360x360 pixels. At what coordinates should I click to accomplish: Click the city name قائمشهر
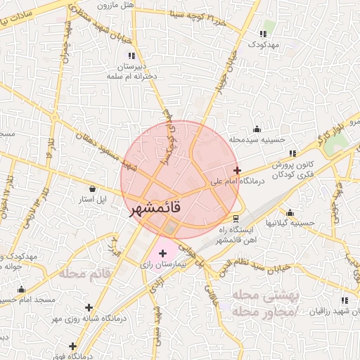click(155, 209)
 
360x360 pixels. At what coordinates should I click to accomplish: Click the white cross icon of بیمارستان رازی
click(163, 252)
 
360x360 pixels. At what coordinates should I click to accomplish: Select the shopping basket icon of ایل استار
click(93, 188)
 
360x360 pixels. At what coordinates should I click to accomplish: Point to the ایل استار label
click(93, 200)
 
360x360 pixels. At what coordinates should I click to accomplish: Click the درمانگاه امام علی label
click(236, 181)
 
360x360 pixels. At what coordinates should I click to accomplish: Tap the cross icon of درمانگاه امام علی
click(237, 170)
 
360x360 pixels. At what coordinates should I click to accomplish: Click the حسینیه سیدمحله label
click(258, 139)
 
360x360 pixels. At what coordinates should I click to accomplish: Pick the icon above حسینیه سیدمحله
click(257, 129)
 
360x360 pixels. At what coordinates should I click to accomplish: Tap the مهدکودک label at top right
click(264, 44)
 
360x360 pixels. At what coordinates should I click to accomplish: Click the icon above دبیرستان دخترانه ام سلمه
click(131, 56)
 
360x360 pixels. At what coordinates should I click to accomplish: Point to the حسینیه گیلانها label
click(290, 224)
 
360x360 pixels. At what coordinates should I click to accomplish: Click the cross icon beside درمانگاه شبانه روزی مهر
click(89, 307)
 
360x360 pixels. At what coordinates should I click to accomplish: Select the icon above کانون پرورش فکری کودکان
click(292, 153)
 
